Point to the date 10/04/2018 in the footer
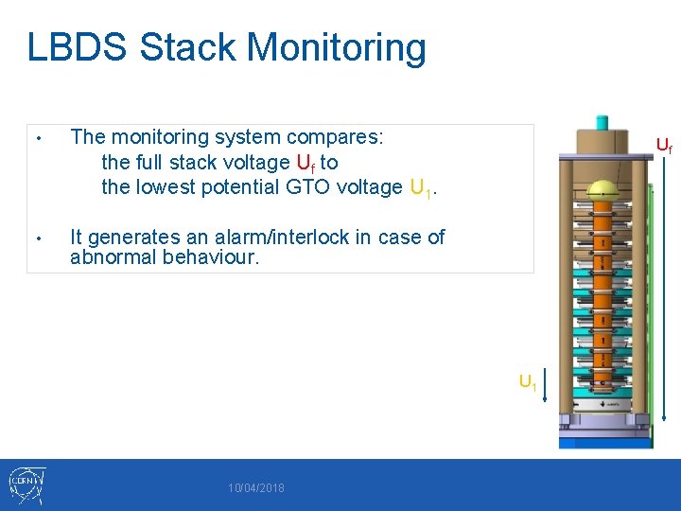point(255,488)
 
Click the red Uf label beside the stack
point(664,146)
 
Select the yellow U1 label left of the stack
point(527,383)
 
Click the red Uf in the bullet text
point(305,163)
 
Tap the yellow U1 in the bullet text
point(421,188)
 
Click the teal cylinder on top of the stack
point(602,123)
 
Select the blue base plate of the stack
point(604,440)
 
